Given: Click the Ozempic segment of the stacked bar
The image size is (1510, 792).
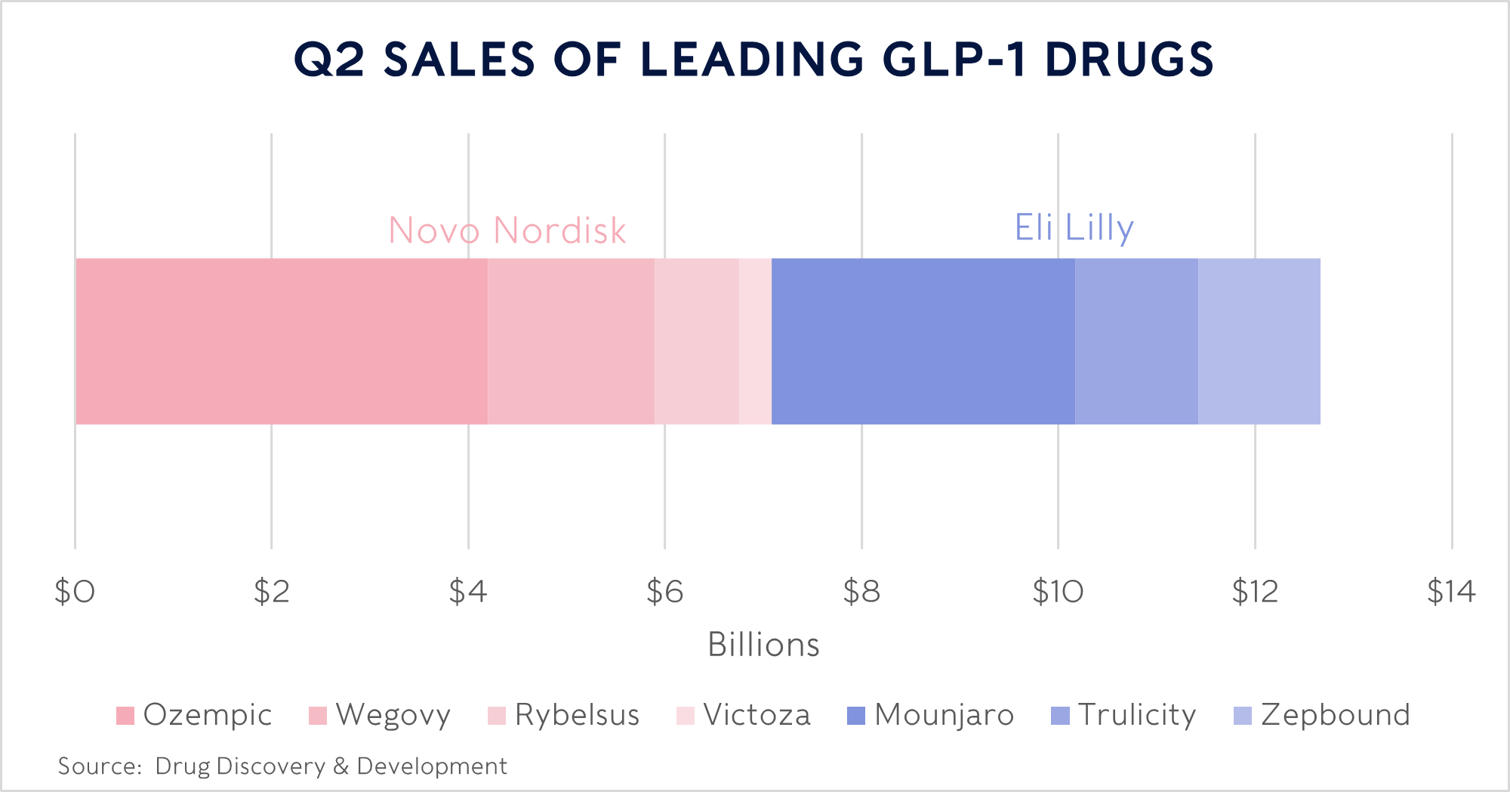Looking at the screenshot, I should pyautogui.click(x=281, y=341).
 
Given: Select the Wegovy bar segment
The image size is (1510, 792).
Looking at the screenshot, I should pyautogui.click(x=571, y=341).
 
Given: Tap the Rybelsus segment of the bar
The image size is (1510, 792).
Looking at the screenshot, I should pyautogui.click(x=696, y=341).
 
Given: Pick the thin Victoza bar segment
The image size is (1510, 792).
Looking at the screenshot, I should pyautogui.click(x=755, y=341).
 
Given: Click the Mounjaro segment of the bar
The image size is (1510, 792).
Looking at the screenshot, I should pyautogui.click(x=923, y=341).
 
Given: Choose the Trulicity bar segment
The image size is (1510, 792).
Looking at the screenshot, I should pyautogui.click(x=1136, y=341).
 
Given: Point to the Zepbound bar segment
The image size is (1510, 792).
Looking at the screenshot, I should pyautogui.click(x=1259, y=341).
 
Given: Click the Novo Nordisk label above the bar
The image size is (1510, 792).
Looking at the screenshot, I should pyautogui.click(x=507, y=230).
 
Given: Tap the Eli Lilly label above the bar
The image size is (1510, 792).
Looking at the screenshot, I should pyautogui.click(x=1074, y=227).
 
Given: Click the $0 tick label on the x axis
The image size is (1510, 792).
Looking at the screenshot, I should pyautogui.click(x=74, y=592).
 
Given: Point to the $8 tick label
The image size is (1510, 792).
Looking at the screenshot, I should pyautogui.click(x=861, y=592).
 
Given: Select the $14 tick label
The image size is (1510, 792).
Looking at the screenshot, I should pyautogui.click(x=1450, y=592).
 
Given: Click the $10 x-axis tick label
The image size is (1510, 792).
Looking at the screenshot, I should pyautogui.click(x=1058, y=592).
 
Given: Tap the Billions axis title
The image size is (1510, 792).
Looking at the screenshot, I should pyautogui.click(x=763, y=645).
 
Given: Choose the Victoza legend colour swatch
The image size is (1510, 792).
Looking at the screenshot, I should pyautogui.click(x=686, y=715).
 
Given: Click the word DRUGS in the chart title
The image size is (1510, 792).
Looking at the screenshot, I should pyautogui.click(x=1129, y=59).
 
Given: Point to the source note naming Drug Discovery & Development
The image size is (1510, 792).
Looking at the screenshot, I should pyautogui.click(x=282, y=766).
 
